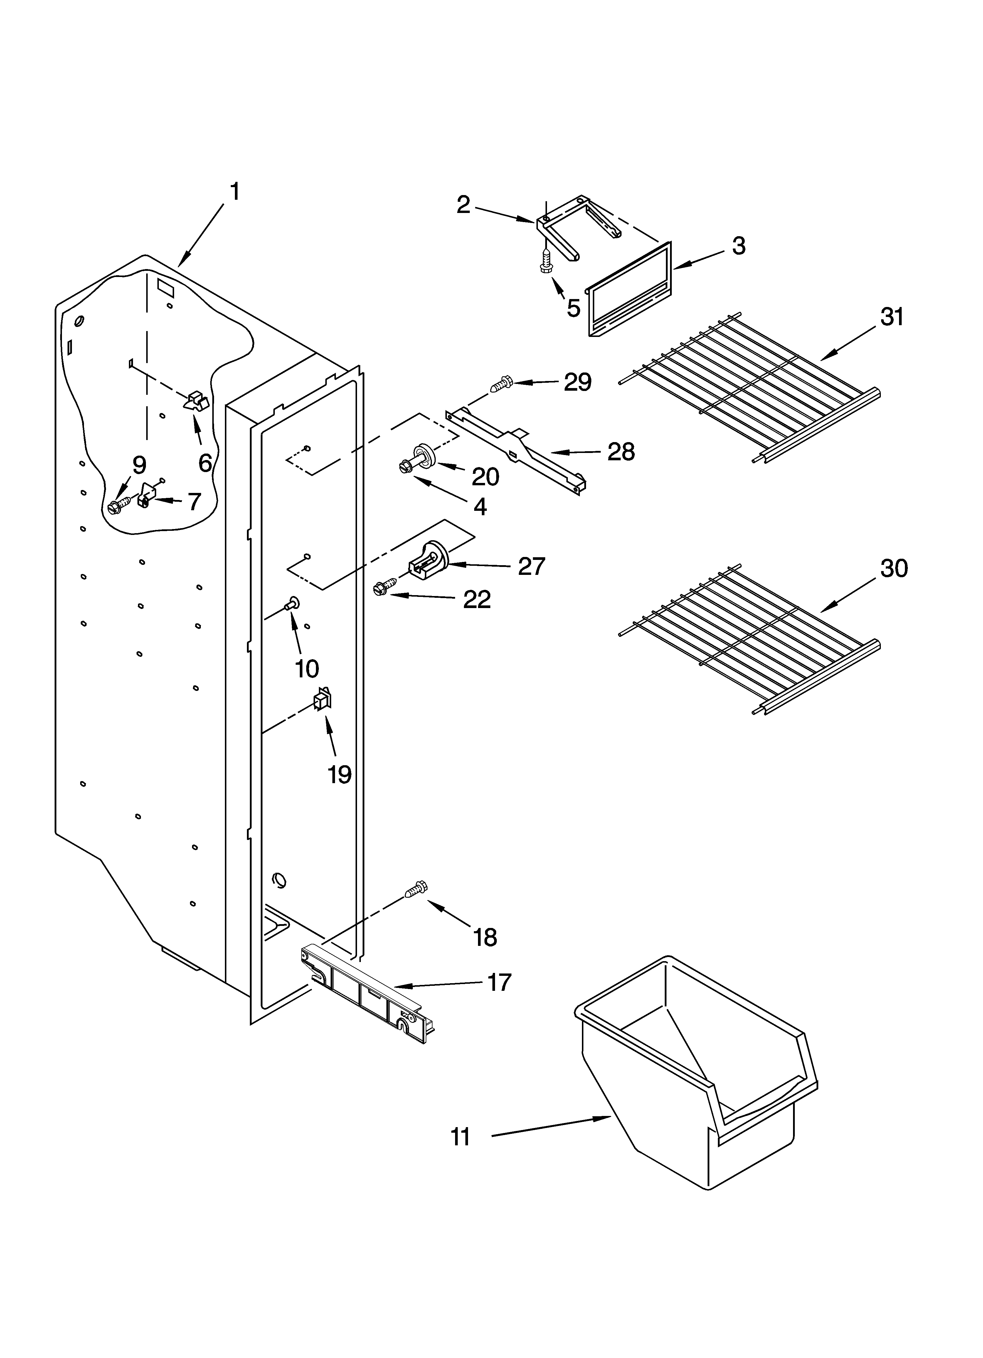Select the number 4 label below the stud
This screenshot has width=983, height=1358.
click(480, 506)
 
